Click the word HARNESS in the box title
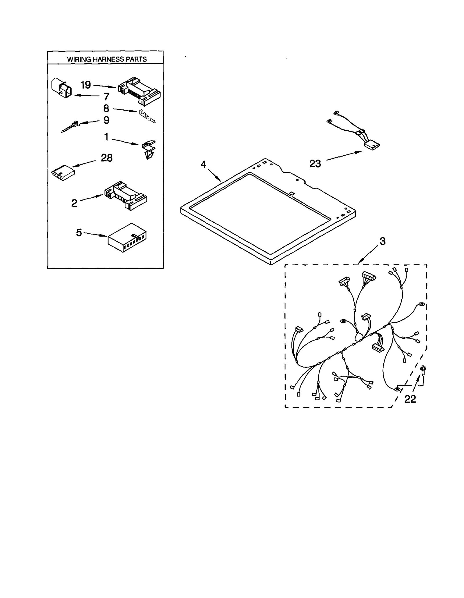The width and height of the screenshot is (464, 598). [x=108, y=59]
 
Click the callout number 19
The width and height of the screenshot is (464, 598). [x=86, y=85]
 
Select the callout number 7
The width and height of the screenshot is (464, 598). [x=106, y=96]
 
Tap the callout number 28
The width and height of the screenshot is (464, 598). [x=106, y=158]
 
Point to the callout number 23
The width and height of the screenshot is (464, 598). [x=315, y=164]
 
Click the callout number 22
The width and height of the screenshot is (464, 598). [x=410, y=399]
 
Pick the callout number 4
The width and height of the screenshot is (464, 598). [x=203, y=165]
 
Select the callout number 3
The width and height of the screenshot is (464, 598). [x=383, y=241]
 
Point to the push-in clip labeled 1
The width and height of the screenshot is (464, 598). [x=149, y=149]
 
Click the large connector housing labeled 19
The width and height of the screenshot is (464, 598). [x=139, y=91]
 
